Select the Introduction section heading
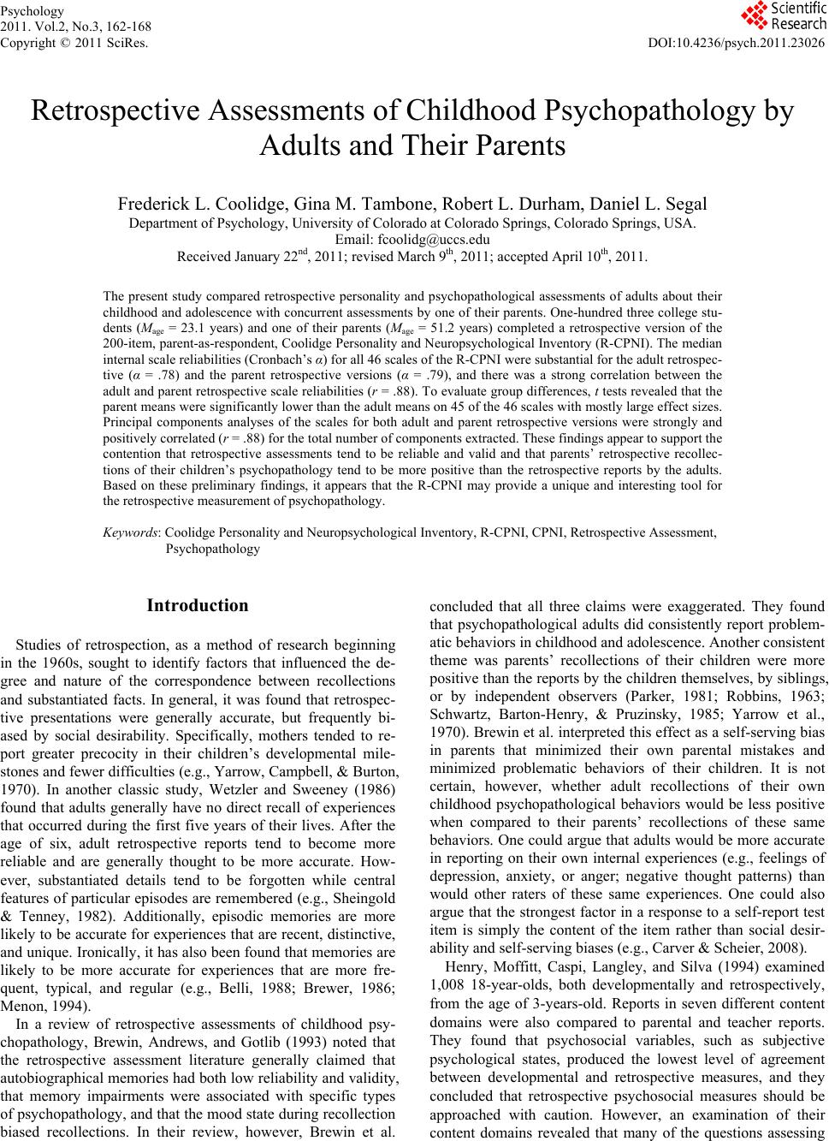point(198,606)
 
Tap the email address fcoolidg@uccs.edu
point(412,240)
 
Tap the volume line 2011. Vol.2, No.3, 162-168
point(75,27)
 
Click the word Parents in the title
point(517,146)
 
